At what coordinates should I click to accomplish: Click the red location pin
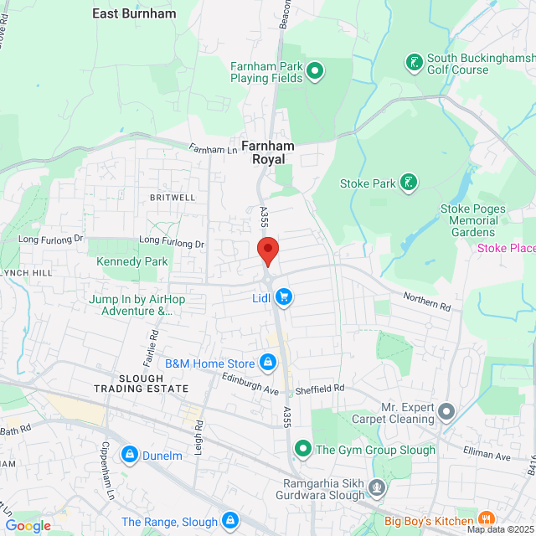point(267,250)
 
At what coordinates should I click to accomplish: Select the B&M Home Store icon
point(268,363)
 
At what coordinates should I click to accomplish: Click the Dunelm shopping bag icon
point(130,455)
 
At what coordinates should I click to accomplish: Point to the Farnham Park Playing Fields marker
point(314,71)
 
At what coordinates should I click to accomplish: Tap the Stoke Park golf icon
point(409,183)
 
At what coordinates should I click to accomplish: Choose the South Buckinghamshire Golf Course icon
point(413,62)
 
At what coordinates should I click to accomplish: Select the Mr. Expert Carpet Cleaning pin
point(446,411)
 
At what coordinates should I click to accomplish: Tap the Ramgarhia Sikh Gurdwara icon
point(378,486)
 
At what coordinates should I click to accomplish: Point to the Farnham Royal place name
point(267,152)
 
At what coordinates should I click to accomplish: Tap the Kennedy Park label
point(131,261)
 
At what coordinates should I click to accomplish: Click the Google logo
point(28,525)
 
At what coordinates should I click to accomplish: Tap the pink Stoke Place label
point(506,248)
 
